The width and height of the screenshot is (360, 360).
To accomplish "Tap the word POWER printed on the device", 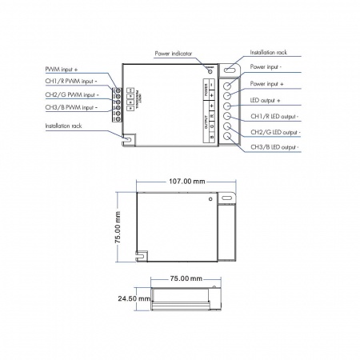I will point(206,86).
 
